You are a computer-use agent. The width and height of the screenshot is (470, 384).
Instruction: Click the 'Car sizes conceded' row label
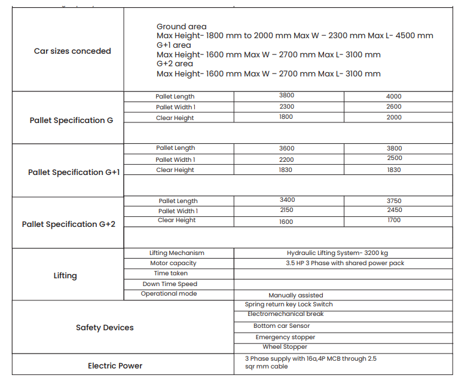pos(72,51)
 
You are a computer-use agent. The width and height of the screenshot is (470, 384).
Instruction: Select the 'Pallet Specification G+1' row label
pos(74,173)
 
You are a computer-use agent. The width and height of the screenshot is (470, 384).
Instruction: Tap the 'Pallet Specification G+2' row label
pos(69,225)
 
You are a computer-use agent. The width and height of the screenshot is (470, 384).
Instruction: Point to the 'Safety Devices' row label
pos(105,328)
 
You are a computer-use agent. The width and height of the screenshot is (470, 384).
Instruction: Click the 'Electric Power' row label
pos(115,366)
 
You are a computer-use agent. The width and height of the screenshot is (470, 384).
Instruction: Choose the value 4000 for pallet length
pos(394,96)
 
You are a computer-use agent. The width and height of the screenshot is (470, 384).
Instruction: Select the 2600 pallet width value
pos(394,107)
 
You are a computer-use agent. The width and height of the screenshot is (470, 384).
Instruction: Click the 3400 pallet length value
pos(287,200)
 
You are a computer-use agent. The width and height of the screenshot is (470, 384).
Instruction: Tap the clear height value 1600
pos(286,222)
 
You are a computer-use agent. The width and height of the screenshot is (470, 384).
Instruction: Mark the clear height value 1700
pos(394,220)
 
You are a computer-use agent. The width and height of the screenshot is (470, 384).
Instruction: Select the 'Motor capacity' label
pos(173,263)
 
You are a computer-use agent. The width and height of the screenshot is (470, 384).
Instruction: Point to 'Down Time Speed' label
pos(170,284)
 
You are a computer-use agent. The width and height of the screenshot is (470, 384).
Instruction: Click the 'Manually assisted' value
pos(296,296)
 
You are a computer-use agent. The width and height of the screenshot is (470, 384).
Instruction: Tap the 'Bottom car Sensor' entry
pos(282,326)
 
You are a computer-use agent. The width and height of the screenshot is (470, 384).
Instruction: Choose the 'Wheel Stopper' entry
pos(285,347)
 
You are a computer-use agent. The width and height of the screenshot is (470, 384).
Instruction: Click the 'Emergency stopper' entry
pos(285,337)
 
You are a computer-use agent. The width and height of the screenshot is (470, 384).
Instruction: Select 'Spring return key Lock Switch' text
pos(289,305)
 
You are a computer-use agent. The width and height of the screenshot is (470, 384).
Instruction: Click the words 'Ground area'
pos(182,26)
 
